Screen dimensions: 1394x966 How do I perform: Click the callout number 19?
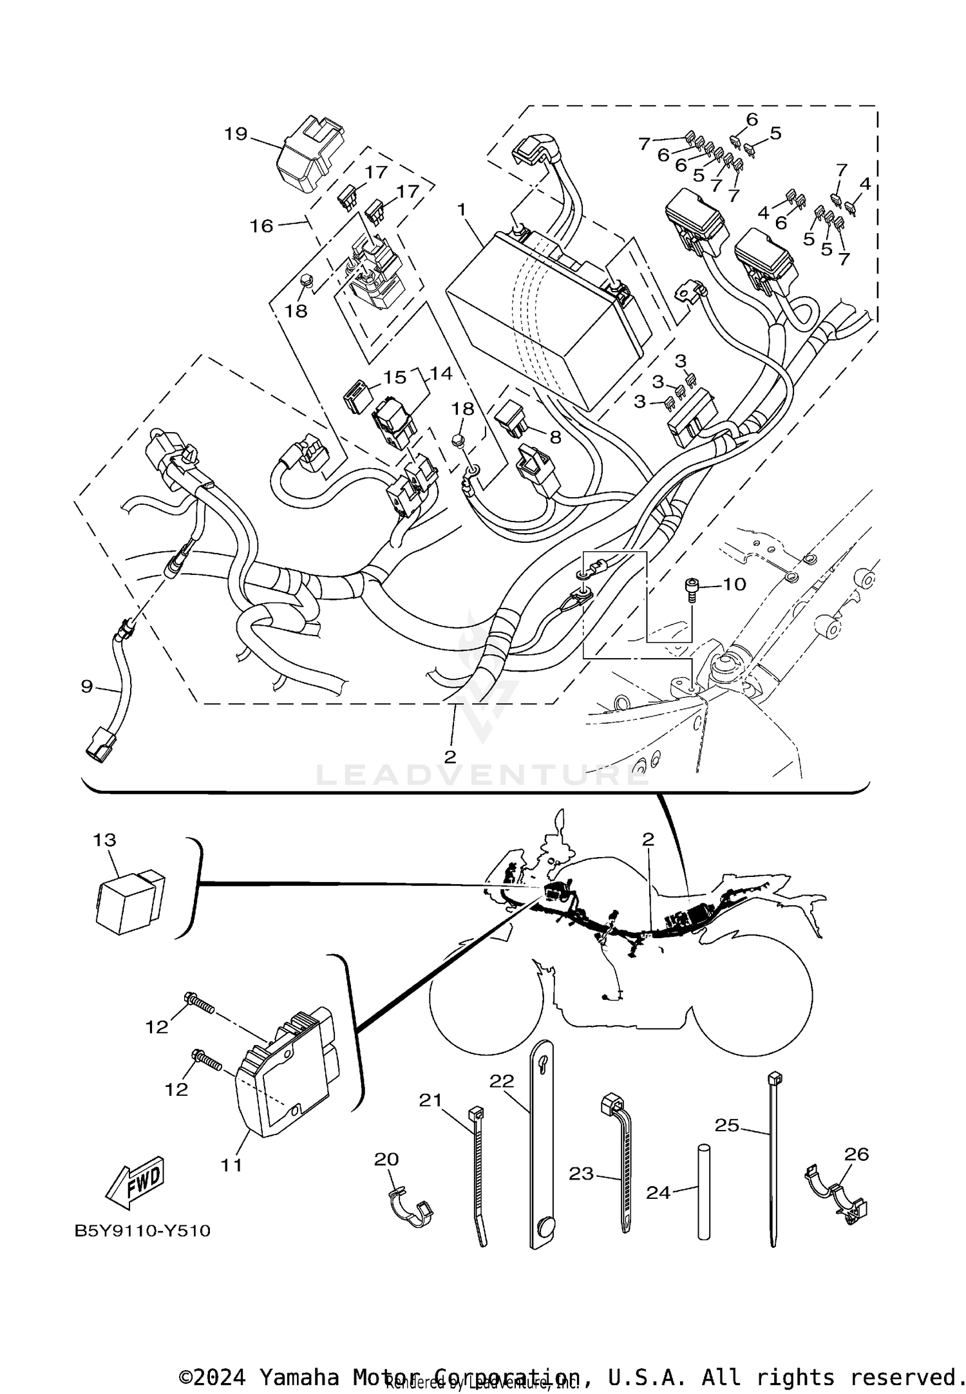pos(236,134)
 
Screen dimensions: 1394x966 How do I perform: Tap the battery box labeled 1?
pos(547,316)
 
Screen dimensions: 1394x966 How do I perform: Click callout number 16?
pos(261,226)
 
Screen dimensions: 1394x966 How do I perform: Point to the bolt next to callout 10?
pos(690,589)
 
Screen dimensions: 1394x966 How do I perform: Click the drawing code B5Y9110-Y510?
pos(142,1230)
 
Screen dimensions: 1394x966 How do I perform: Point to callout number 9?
pos(87,686)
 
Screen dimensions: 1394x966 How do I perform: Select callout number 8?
pos(554,437)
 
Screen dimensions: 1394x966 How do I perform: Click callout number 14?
pos(441,373)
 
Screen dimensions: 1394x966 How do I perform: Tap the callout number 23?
pos(581,1173)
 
